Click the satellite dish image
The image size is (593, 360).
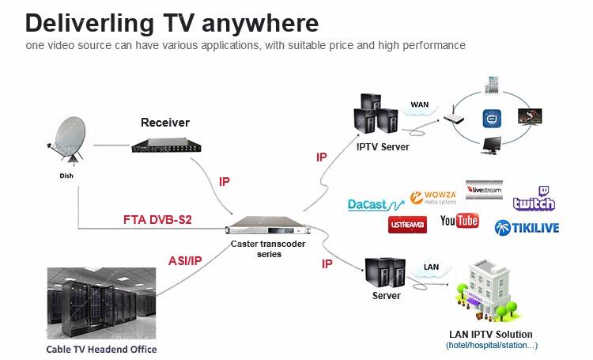point(67,140)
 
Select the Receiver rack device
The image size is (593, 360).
point(166,146)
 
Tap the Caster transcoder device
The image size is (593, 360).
point(268,226)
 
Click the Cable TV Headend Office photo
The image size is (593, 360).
point(101,303)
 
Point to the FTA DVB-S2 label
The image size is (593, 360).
point(157,219)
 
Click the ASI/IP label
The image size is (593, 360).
point(185,261)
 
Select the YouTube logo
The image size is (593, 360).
point(459,220)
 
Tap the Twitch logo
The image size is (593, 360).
point(534,199)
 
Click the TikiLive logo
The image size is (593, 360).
point(527,228)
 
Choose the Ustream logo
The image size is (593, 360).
point(407,225)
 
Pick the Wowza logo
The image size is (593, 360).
point(433,198)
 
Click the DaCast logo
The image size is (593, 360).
point(376,205)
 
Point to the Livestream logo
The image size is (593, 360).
point(484,190)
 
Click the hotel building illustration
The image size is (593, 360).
point(486,290)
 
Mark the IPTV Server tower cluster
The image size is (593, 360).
point(376,113)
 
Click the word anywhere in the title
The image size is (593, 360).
point(260,24)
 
